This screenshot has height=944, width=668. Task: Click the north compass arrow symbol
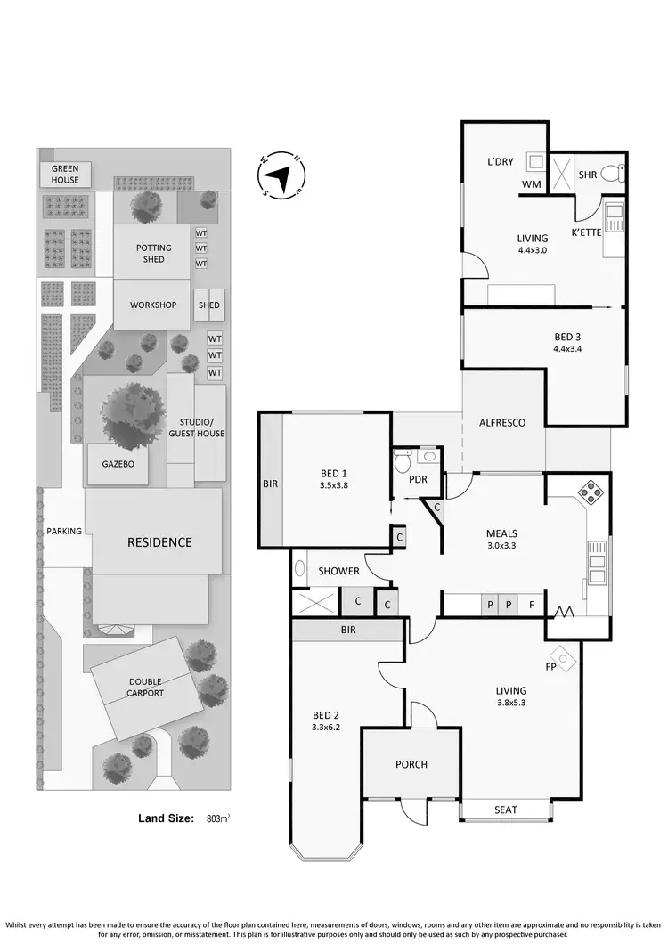tap(281, 175)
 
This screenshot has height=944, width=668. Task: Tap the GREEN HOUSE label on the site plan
tap(65, 174)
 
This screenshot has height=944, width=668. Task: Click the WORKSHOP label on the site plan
tap(153, 305)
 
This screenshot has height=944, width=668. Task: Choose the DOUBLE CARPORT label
tap(143, 688)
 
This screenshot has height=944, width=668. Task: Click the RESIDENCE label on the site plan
tap(159, 541)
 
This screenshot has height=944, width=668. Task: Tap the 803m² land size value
tap(218, 817)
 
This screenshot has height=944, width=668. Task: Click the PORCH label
tap(411, 764)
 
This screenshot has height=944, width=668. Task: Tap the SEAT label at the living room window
tap(505, 810)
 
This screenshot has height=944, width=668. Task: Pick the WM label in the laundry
tap(532, 185)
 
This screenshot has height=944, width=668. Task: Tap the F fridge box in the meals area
tap(532, 605)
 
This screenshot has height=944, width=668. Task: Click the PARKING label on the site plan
tap(63, 532)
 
